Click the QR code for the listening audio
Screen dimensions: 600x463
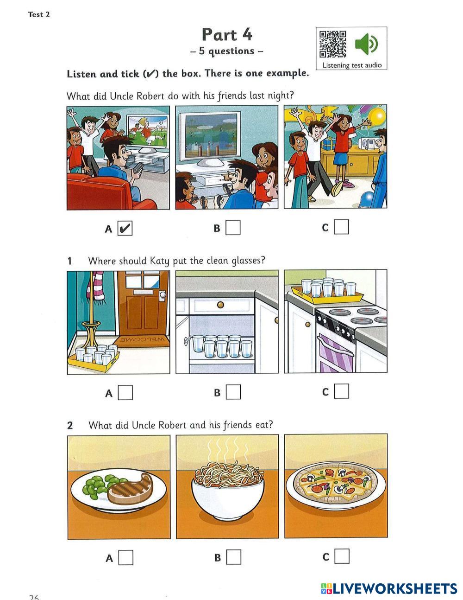click(x=332, y=44)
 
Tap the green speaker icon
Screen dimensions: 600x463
click(x=366, y=44)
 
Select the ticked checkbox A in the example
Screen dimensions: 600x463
click(x=125, y=228)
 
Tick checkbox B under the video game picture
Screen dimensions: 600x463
click(x=233, y=228)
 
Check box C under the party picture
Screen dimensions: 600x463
click(x=341, y=227)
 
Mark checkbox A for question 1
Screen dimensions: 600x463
click(x=125, y=393)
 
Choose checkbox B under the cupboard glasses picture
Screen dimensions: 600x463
click(x=233, y=392)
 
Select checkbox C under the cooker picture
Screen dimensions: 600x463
click(x=341, y=391)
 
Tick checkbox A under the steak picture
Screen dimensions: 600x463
click(x=125, y=557)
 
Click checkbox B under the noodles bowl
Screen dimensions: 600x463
click(x=234, y=557)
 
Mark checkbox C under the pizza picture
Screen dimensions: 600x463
click(x=342, y=556)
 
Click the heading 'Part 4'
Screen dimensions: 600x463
click(x=227, y=34)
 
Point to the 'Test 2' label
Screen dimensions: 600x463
click(x=39, y=14)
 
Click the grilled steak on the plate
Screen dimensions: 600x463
click(x=130, y=489)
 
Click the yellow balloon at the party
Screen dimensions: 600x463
click(x=377, y=115)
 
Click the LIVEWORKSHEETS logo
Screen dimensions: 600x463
click(x=389, y=588)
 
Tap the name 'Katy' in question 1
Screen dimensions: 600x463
click(x=160, y=261)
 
